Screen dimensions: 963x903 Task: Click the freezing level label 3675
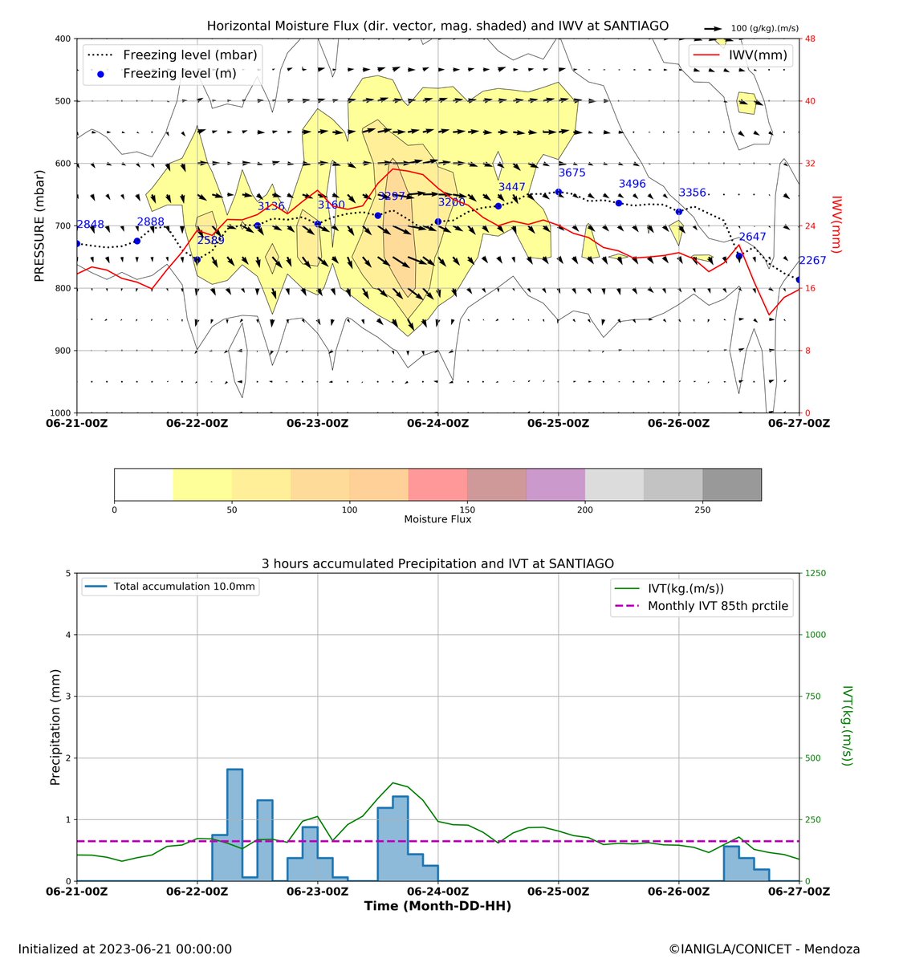pos(572,173)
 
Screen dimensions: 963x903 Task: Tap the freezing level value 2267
pos(812,260)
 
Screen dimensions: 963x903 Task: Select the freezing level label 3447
pos(512,187)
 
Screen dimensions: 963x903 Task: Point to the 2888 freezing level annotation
pos(150,222)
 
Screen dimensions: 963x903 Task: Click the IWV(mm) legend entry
pos(740,55)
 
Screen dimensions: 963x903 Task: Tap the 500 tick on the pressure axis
pos(60,101)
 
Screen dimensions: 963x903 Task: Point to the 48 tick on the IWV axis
pos(811,39)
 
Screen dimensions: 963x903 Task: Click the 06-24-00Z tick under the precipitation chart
pos(438,892)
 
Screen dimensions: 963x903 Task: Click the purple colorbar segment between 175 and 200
pos(555,485)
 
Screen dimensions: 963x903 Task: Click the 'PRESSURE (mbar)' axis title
pos(39,226)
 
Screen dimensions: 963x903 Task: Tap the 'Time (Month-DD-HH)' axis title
pos(437,906)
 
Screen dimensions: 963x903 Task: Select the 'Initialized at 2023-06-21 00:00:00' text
pos(124,949)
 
